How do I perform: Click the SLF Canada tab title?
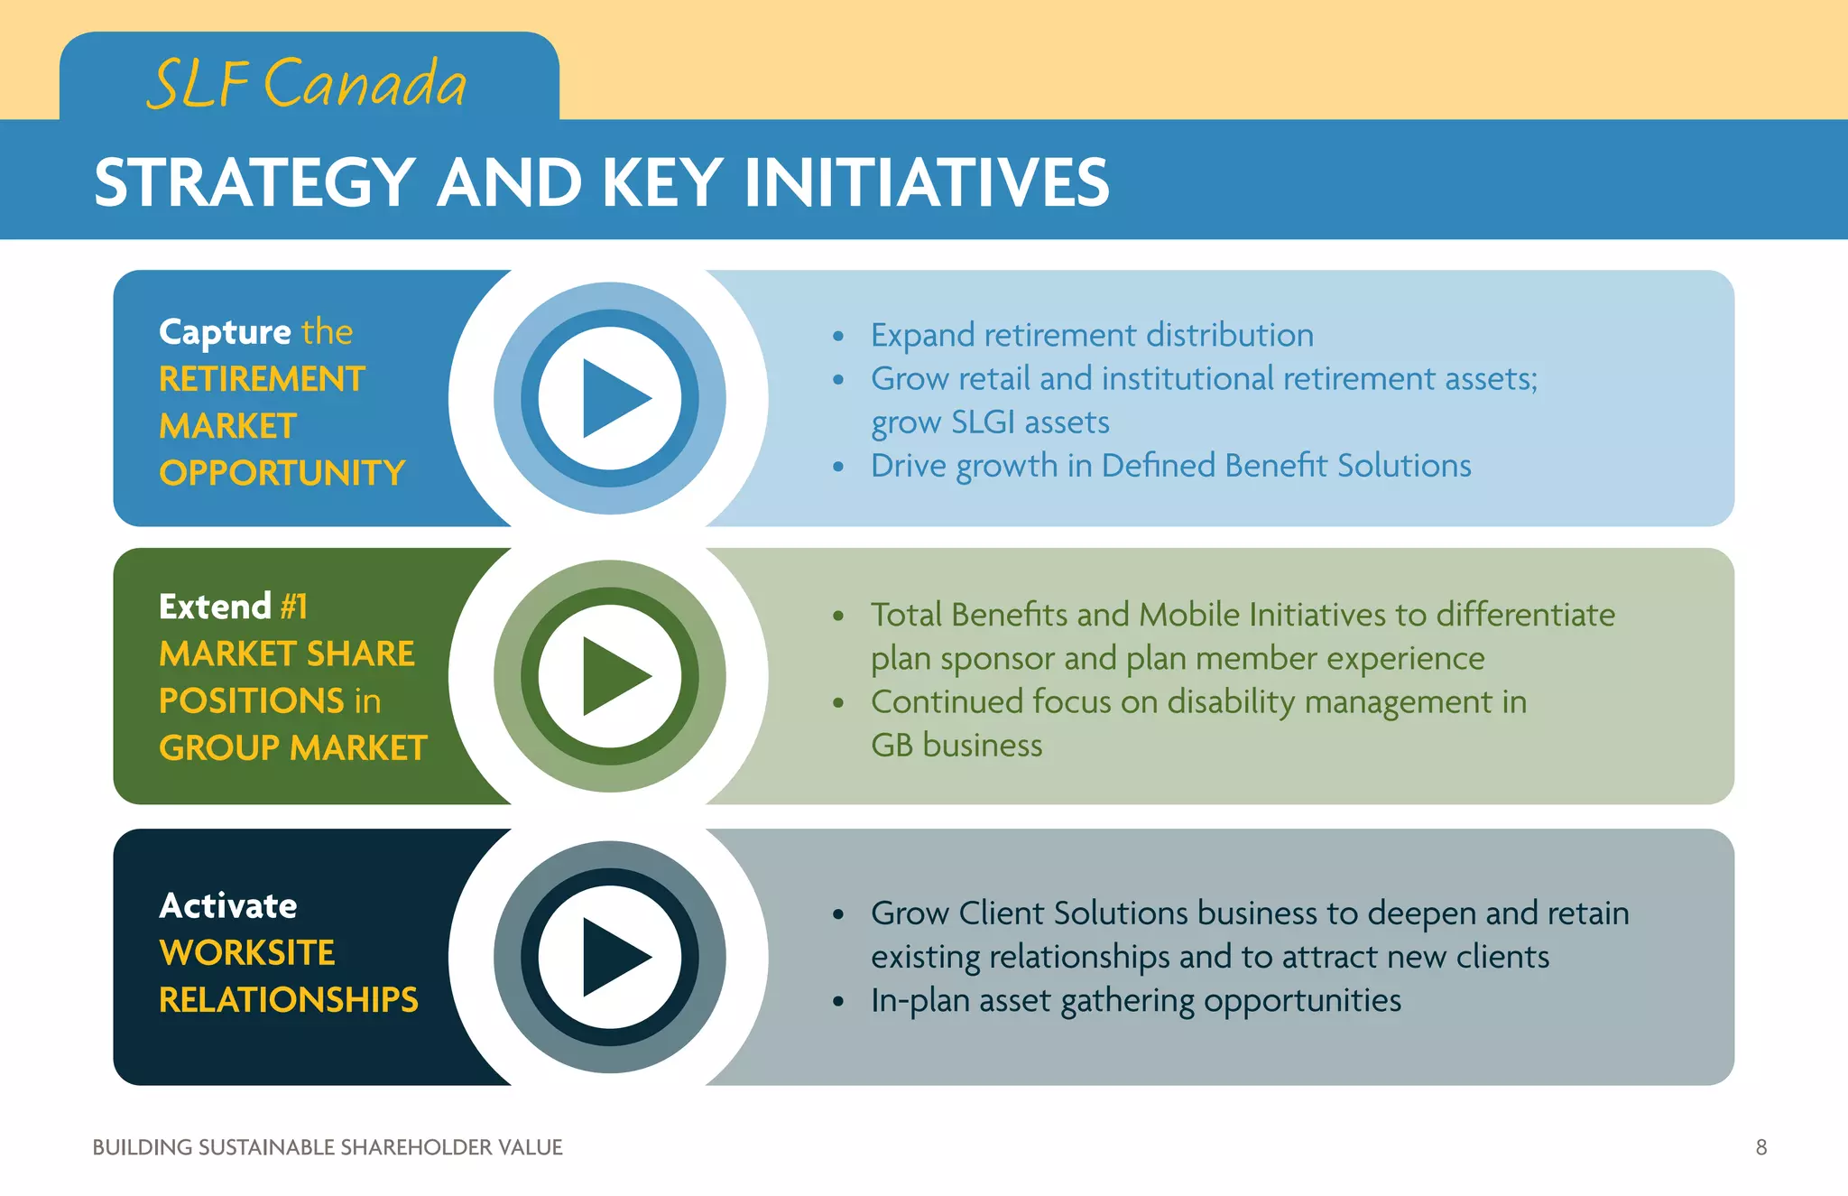[x=307, y=83]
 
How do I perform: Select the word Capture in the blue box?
[x=225, y=332]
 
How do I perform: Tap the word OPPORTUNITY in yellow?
[x=282, y=473]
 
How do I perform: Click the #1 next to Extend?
[x=294, y=607]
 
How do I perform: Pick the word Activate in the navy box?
[x=228, y=905]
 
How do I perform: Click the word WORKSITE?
[x=246, y=953]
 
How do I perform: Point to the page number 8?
[x=1760, y=1147]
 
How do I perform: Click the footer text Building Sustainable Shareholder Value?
[x=328, y=1147]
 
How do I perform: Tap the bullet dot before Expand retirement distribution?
[x=838, y=337]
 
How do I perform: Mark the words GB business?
[x=956, y=746]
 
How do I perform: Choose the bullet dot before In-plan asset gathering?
[x=838, y=1002]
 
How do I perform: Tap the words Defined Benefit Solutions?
[x=1286, y=466]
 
